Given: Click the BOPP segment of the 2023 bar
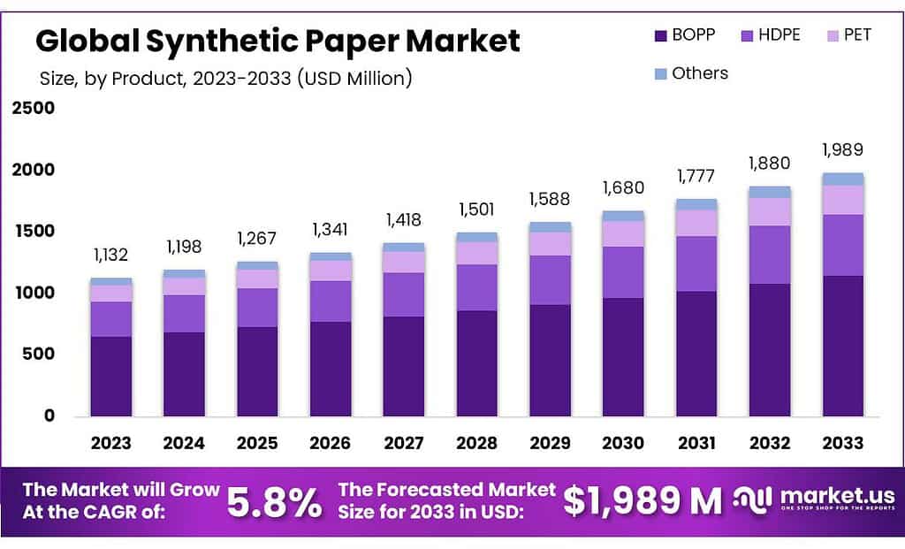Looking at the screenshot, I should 111,376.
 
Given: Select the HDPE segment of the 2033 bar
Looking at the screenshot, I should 843,245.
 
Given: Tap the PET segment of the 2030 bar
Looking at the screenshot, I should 623,233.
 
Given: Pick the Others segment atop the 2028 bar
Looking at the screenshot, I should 477,237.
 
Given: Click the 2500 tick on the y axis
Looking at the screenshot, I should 33,108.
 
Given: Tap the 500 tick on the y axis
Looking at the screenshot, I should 38,354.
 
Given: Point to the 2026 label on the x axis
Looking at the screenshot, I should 331,443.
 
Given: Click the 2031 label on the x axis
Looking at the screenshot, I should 696,443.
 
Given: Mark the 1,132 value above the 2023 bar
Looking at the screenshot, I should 111,255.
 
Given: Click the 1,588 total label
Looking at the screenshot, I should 550,199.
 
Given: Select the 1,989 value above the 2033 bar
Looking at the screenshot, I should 842,149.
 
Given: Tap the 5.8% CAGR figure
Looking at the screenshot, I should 274,502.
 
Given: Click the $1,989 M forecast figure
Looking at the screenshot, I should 643,501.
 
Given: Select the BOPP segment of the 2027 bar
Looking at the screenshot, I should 404,366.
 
